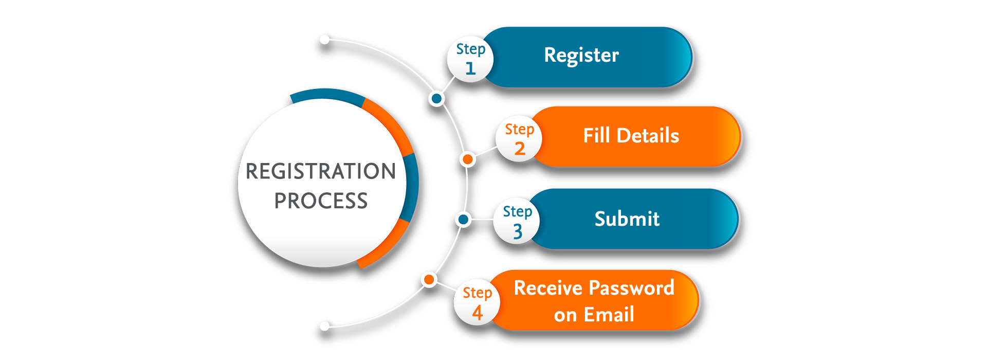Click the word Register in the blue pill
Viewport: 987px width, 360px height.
pos(581,55)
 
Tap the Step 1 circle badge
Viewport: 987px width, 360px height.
pos(470,59)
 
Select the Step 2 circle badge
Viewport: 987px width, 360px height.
pos(519,139)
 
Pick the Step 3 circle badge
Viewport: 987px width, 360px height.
pos(517,221)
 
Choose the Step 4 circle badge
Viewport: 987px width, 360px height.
pos(477,302)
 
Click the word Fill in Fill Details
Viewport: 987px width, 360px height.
pos(596,136)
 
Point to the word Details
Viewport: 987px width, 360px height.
pos(648,136)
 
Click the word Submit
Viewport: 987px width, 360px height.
pos(627,219)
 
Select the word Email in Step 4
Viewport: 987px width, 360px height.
pos(609,314)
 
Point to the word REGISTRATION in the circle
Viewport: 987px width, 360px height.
pos(321,171)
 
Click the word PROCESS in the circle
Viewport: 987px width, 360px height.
pos(321,201)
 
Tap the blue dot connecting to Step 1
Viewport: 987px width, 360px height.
pos(437,98)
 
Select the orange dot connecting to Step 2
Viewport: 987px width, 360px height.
pos(468,159)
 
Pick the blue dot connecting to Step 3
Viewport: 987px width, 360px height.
pos(463,220)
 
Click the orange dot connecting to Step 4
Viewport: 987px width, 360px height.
pos(429,280)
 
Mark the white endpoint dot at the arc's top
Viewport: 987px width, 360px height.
pos(325,40)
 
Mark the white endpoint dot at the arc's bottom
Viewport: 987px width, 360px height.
pos(325,326)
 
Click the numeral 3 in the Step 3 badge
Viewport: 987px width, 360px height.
pos(518,231)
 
